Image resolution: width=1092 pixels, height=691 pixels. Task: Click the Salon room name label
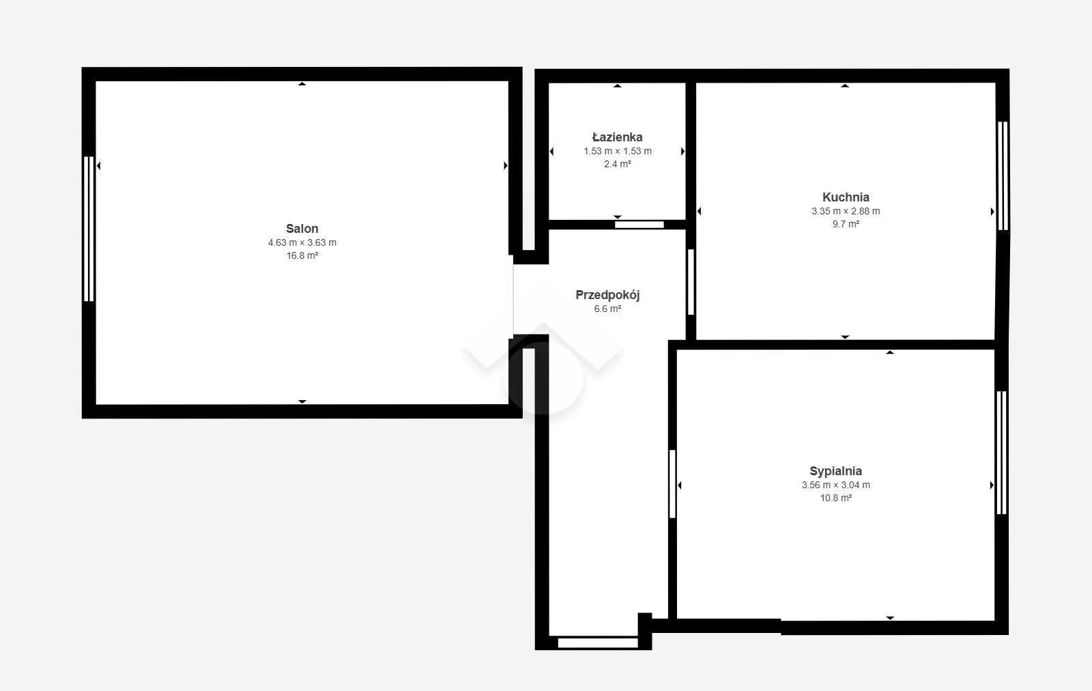tap(302, 228)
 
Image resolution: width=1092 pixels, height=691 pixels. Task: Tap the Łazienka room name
tap(617, 137)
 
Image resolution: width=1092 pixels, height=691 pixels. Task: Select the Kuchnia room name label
tap(846, 197)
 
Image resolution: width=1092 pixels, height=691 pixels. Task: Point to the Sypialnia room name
tap(835, 471)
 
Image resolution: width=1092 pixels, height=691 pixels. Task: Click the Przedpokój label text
tap(607, 295)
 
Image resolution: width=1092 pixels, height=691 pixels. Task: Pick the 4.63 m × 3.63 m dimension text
tap(302, 242)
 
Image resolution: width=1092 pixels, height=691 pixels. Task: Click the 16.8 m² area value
tap(302, 255)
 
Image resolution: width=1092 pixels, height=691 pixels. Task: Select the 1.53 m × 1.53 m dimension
tap(618, 151)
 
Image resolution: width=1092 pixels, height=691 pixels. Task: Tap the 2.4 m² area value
tap(618, 165)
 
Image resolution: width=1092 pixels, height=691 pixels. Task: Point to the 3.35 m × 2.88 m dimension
tap(846, 211)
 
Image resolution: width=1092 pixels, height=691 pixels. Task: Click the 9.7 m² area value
tap(846, 225)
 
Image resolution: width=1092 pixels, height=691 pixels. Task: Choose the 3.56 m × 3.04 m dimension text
tap(835, 485)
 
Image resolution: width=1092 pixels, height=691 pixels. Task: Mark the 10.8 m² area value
tap(836, 498)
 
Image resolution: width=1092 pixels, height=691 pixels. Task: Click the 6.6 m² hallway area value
tap(607, 309)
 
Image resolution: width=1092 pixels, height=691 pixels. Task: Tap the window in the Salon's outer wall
tap(89, 229)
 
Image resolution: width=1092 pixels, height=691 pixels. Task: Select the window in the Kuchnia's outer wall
tap(1003, 176)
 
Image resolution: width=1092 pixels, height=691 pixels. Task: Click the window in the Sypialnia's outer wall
tap(1001, 453)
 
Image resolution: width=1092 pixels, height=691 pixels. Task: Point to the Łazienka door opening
tap(639, 225)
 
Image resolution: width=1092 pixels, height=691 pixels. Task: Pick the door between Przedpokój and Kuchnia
tap(691, 282)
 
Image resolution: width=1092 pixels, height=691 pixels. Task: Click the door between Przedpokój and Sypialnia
tap(672, 483)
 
